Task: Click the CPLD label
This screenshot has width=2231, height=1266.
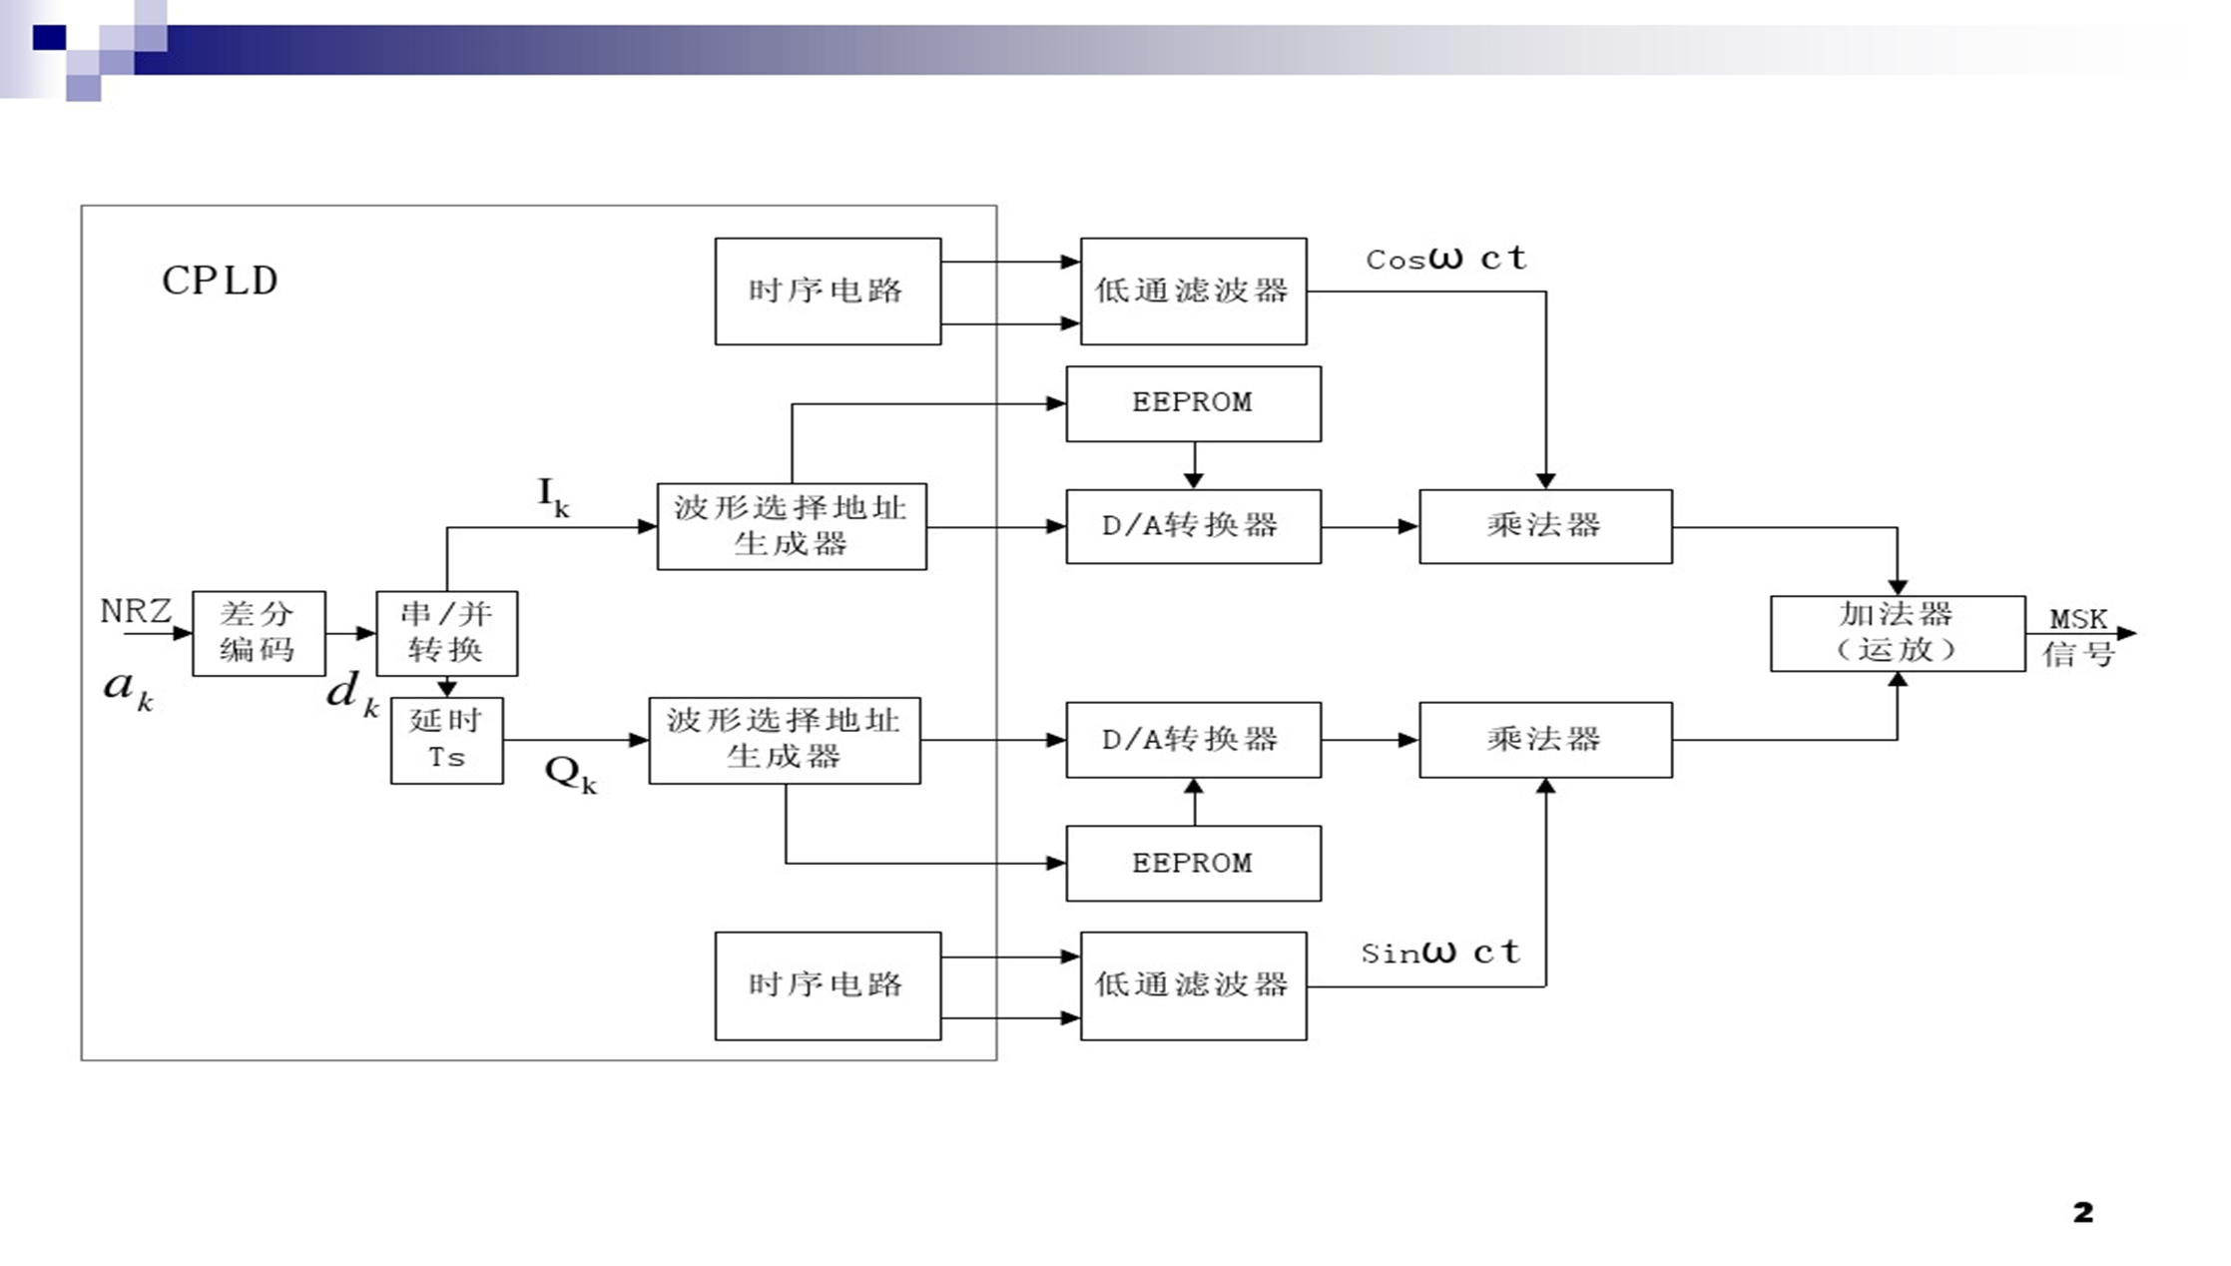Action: tap(220, 281)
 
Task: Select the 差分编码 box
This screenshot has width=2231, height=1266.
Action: tap(259, 633)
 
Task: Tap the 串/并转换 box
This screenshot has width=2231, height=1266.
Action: tap(446, 633)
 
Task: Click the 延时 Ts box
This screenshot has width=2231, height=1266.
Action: tap(446, 740)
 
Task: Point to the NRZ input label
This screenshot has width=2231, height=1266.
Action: tap(136, 610)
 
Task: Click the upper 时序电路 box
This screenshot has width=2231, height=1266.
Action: tap(828, 291)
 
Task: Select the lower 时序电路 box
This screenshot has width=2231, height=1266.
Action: tap(828, 985)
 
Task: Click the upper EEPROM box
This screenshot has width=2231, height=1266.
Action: tap(1193, 403)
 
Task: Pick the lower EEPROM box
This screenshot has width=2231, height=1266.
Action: tap(1193, 863)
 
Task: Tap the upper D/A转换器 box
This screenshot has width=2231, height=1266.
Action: tap(1193, 526)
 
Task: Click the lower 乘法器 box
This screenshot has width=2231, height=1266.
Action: tap(1545, 740)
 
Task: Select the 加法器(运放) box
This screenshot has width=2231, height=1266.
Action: tap(1897, 633)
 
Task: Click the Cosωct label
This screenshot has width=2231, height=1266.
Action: tap(1445, 259)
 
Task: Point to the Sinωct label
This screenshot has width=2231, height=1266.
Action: tap(1440, 952)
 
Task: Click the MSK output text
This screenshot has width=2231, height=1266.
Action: tap(2078, 620)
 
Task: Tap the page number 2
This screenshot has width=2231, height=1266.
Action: tap(2082, 1212)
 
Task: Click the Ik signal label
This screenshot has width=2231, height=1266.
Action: tap(553, 496)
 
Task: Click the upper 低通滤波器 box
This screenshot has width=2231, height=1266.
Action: tap(1193, 291)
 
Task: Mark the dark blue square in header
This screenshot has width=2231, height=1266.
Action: tap(49, 38)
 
